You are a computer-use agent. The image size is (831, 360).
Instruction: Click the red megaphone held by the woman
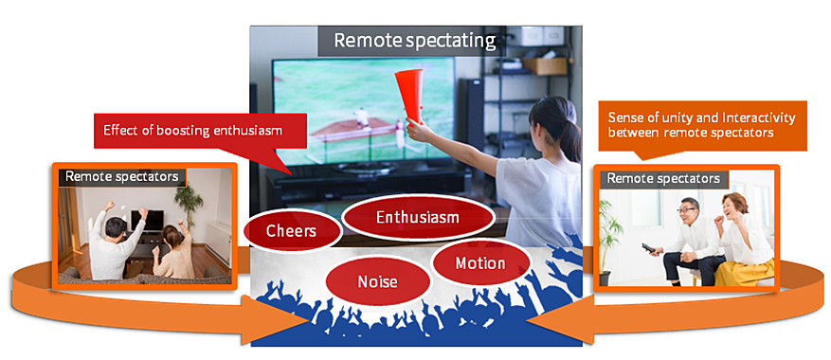coord(410,96)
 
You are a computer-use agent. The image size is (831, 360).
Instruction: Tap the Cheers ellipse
coord(292,231)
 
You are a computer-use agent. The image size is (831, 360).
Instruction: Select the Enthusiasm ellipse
coord(418,217)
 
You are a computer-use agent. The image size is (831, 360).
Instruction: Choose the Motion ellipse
coord(480,263)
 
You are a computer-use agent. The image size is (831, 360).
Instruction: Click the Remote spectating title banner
coord(412,41)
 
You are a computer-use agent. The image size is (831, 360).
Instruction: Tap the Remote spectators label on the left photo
coord(122,176)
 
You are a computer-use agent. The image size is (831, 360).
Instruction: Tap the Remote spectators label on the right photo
coord(663,179)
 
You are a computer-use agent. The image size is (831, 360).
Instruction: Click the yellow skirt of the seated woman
coord(745,269)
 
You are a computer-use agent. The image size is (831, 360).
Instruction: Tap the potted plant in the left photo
coord(190,202)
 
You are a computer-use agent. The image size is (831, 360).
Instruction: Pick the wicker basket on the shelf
coord(544,66)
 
